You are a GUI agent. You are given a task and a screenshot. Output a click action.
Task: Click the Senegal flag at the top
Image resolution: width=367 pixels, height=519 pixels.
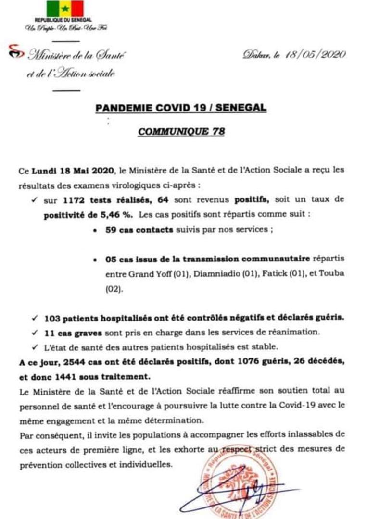65,8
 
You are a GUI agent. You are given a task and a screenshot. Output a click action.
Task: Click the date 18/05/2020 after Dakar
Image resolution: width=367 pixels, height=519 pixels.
316,55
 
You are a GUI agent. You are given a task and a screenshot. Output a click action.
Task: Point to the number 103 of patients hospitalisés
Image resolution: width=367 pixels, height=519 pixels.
51,318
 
